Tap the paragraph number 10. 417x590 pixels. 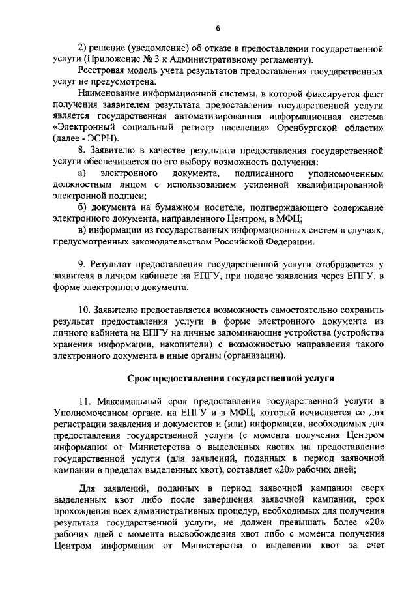83,310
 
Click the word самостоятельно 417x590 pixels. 298,310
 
